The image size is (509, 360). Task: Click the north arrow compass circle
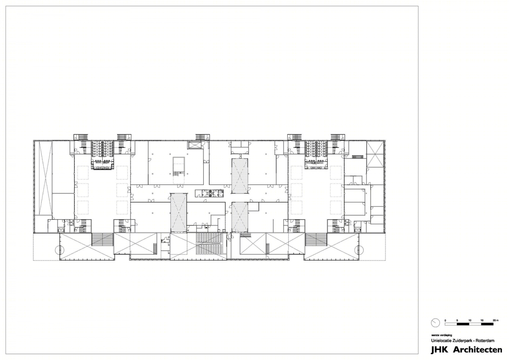[x=435, y=323]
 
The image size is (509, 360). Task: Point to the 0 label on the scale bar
[x=446, y=320]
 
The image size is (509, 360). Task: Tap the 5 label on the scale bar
[x=457, y=320]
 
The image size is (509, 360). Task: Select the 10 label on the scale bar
[x=470, y=320]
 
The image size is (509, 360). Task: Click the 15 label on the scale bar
[x=482, y=320]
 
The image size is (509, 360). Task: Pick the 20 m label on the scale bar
[x=496, y=320]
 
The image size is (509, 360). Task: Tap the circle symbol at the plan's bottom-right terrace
[x=358, y=250]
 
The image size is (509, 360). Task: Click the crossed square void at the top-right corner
[x=374, y=154]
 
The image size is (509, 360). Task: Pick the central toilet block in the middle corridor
[x=210, y=193]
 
